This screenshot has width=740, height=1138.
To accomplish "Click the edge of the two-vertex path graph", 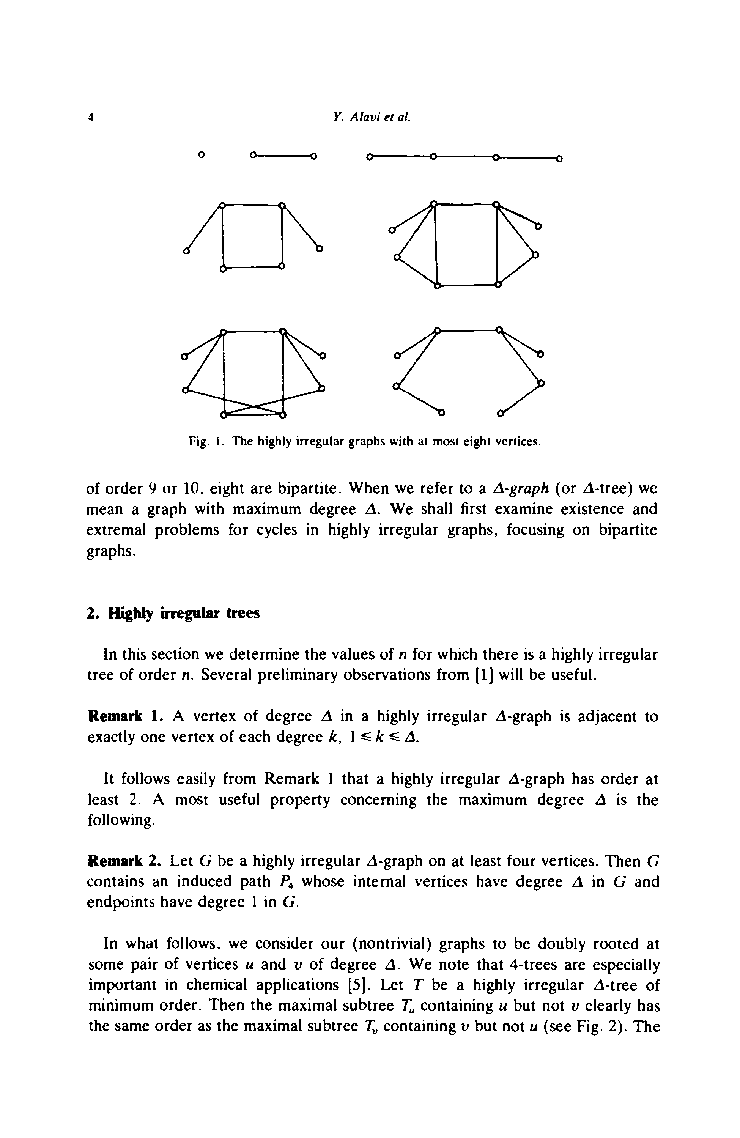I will click(x=282, y=155).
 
